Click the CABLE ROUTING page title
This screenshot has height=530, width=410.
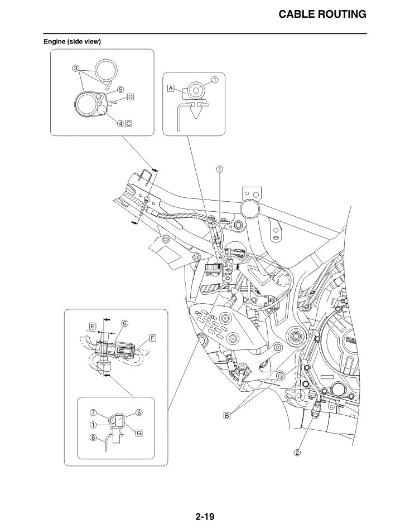click(322, 14)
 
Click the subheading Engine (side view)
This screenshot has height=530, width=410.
click(72, 42)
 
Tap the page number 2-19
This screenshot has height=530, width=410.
click(205, 517)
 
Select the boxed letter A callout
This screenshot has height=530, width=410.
click(171, 88)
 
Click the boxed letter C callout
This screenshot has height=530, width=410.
click(128, 123)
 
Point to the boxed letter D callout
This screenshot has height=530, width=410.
click(130, 97)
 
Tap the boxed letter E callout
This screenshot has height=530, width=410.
click(93, 326)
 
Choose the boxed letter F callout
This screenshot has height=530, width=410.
click(153, 338)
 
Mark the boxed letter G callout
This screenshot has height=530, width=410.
click(139, 432)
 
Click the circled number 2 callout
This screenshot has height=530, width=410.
click(297, 453)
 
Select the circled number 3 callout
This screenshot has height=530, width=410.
click(76, 69)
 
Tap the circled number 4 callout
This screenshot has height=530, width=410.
click(120, 123)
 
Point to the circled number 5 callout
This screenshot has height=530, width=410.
click(120, 90)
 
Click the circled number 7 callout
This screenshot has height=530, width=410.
click(93, 412)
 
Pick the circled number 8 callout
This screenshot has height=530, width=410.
click(93, 437)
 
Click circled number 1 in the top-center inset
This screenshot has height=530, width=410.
click(215, 80)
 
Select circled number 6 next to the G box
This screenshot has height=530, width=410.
click(139, 412)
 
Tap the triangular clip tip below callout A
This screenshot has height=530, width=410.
click(197, 117)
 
